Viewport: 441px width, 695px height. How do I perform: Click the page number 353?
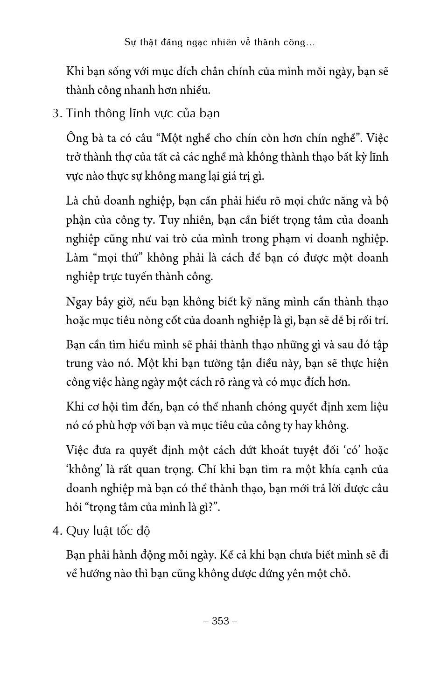221,621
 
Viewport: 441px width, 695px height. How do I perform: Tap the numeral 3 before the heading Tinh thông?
56,114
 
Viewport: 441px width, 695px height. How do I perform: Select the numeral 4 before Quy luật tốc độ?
56,532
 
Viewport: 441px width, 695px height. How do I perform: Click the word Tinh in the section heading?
77,113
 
